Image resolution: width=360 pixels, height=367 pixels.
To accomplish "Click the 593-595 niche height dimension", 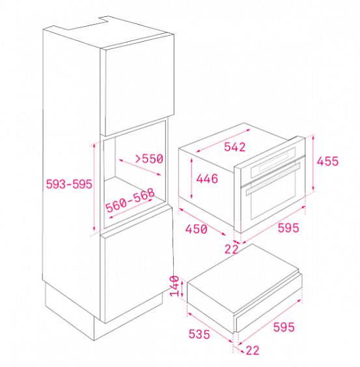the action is pyautogui.click(x=69, y=184).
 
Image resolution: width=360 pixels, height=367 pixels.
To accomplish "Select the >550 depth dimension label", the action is pyautogui.click(x=149, y=158).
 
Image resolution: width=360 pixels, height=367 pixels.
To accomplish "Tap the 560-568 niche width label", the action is pyautogui.click(x=130, y=200).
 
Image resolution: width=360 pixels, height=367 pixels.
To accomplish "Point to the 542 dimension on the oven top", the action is pyautogui.click(x=235, y=147).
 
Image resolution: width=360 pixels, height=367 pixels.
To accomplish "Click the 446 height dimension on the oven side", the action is pyautogui.click(x=207, y=179).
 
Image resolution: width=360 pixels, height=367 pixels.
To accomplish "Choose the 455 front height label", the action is pyautogui.click(x=327, y=161).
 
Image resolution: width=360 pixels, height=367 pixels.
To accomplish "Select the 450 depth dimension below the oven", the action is pyautogui.click(x=196, y=229).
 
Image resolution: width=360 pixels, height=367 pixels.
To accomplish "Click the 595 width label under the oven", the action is pyautogui.click(x=288, y=228).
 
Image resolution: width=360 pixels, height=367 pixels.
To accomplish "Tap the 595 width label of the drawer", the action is pyautogui.click(x=284, y=327).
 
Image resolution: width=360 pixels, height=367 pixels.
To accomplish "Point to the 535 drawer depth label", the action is pyautogui.click(x=199, y=334).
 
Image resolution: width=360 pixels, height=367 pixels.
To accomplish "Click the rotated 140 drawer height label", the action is pyautogui.click(x=174, y=286).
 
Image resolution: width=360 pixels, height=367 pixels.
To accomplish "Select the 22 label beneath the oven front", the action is pyautogui.click(x=231, y=249).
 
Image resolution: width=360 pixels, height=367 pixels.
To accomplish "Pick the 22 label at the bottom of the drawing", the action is pyautogui.click(x=253, y=351).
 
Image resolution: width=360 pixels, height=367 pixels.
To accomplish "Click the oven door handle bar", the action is pyautogui.click(x=273, y=179).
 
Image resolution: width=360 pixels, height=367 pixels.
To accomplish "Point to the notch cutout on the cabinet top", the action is pyautogui.click(x=88, y=23).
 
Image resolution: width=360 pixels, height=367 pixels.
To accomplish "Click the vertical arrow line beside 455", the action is pyautogui.click(x=313, y=163).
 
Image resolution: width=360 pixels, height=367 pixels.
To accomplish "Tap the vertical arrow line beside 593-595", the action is pyautogui.click(x=94, y=187).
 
